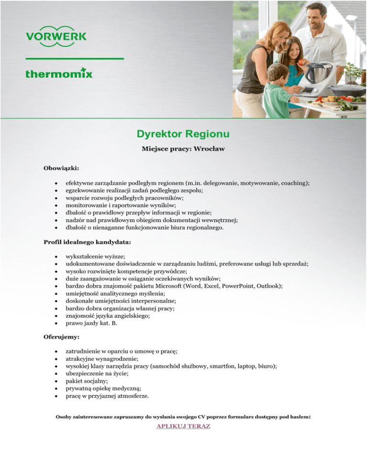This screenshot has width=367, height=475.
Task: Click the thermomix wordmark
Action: (59, 73)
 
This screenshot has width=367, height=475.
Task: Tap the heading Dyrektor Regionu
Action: (183, 132)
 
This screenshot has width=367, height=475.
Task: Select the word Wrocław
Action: (209, 149)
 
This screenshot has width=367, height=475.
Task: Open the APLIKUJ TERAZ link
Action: (183, 426)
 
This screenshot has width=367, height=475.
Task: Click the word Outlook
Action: (269, 286)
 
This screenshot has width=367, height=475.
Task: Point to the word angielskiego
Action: (131, 316)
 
